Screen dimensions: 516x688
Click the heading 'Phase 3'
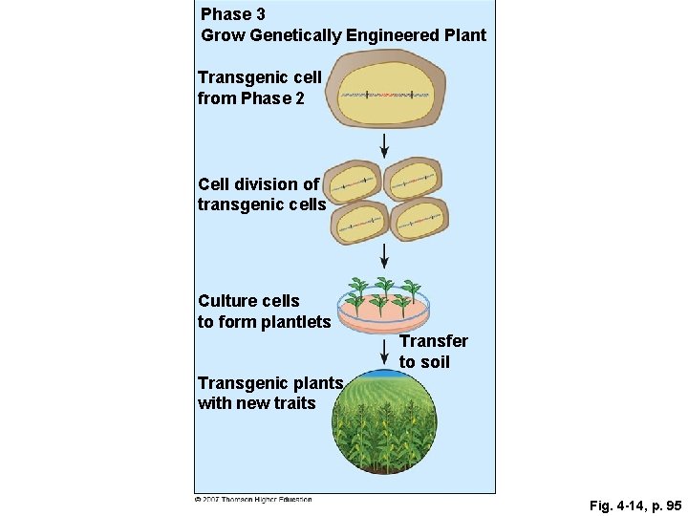(x=233, y=14)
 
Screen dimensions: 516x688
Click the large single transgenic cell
(x=388, y=94)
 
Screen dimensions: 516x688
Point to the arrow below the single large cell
(x=384, y=145)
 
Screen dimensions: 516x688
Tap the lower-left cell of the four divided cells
(x=358, y=224)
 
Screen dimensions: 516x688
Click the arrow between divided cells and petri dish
(x=384, y=256)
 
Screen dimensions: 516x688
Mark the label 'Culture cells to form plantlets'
(x=264, y=312)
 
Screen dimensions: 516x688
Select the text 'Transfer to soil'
(x=433, y=352)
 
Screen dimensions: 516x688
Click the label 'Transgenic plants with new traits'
(x=270, y=393)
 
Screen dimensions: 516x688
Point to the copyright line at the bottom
(x=253, y=499)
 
